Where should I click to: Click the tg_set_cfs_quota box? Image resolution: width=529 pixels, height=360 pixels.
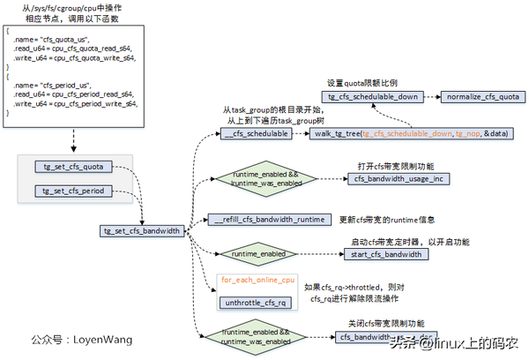[x=75, y=165]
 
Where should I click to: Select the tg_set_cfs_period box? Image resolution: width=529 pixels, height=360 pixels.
[x=75, y=191]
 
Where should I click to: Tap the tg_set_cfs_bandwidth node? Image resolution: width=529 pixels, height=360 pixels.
[x=143, y=231]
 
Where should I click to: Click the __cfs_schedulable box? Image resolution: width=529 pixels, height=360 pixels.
[x=255, y=132]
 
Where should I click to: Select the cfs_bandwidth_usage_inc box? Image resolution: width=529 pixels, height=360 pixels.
[x=398, y=179]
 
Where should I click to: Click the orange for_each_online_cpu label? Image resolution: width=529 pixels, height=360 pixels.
[x=257, y=280]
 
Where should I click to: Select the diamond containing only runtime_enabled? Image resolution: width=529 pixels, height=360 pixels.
[x=258, y=253]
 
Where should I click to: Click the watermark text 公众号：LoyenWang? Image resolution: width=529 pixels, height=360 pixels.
[x=81, y=339]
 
